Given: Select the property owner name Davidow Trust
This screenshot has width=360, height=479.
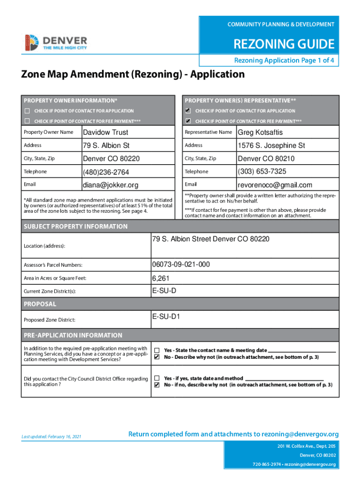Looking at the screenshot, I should [x=105, y=132].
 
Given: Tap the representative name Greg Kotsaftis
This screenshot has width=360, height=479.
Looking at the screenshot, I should [x=260, y=132].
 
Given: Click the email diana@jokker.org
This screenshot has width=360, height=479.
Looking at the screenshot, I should [x=110, y=185].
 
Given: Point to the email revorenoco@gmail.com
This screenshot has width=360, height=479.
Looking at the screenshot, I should [x=274, y=185].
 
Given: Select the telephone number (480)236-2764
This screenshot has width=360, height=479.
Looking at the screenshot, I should [x=106, y=172].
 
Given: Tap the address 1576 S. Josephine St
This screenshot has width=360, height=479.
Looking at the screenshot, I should [x=271, y=145].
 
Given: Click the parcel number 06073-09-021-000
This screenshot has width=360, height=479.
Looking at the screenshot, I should [x=180, y=265].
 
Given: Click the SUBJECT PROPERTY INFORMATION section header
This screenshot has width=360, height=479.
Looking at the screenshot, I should [x=75, y=226].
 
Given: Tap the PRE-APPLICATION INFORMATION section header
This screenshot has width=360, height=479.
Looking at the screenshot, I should [x=72, y=335].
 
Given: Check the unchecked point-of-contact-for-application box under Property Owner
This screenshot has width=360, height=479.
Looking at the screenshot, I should [x=27, y=111].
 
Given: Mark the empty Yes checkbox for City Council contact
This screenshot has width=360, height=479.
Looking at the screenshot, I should [x=158, y=378].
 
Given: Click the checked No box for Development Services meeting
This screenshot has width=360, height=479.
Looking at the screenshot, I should [x=158, y=357].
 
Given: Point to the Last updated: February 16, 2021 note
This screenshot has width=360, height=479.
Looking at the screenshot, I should [x=51, y=436].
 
